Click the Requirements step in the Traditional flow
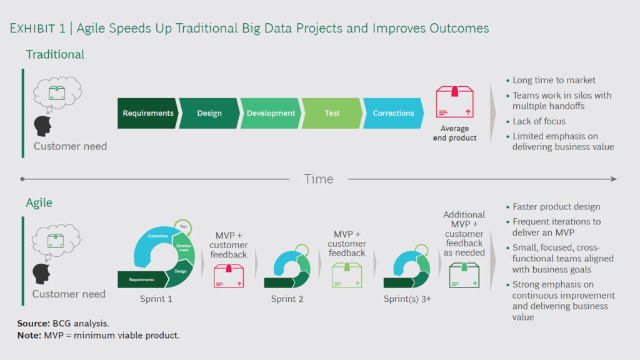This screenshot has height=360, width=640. click(x=147, y=113)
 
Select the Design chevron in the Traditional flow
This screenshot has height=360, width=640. click(x=209, y=113)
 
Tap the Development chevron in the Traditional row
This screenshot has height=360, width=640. click(x=270, y=113)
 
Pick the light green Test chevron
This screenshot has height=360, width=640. click(x=332, y=113)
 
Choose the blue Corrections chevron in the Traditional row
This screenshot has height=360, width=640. click(x=393, y=113)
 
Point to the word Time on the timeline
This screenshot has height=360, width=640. click(x=319, y=179)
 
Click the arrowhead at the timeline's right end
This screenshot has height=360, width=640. click(x=614, y=179)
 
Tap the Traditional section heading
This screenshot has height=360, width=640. click(x=55, y=54)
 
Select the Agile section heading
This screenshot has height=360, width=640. click(x=39, y=203)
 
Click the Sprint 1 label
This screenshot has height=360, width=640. click(x=156, y=299)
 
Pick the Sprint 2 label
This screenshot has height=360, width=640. click(x=287, y=299)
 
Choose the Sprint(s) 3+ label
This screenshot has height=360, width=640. click(x=407, y=299)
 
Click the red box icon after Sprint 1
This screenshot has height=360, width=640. click(x=229, y=276)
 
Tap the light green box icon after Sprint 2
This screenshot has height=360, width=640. click(x=346, y=275)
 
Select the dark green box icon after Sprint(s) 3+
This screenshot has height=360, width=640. click(x=464, y=275)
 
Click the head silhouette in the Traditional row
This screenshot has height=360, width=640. click(x=43, y=126)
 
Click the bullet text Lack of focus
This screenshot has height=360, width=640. click(x=539, y=121)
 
